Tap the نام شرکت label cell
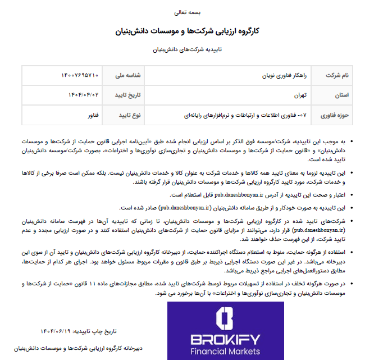click(x=339, y=75)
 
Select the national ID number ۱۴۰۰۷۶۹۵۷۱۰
click(x=80, y=75)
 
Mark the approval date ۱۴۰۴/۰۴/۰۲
click(x=84, y=95)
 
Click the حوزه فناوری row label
click(x=335, y=115)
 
